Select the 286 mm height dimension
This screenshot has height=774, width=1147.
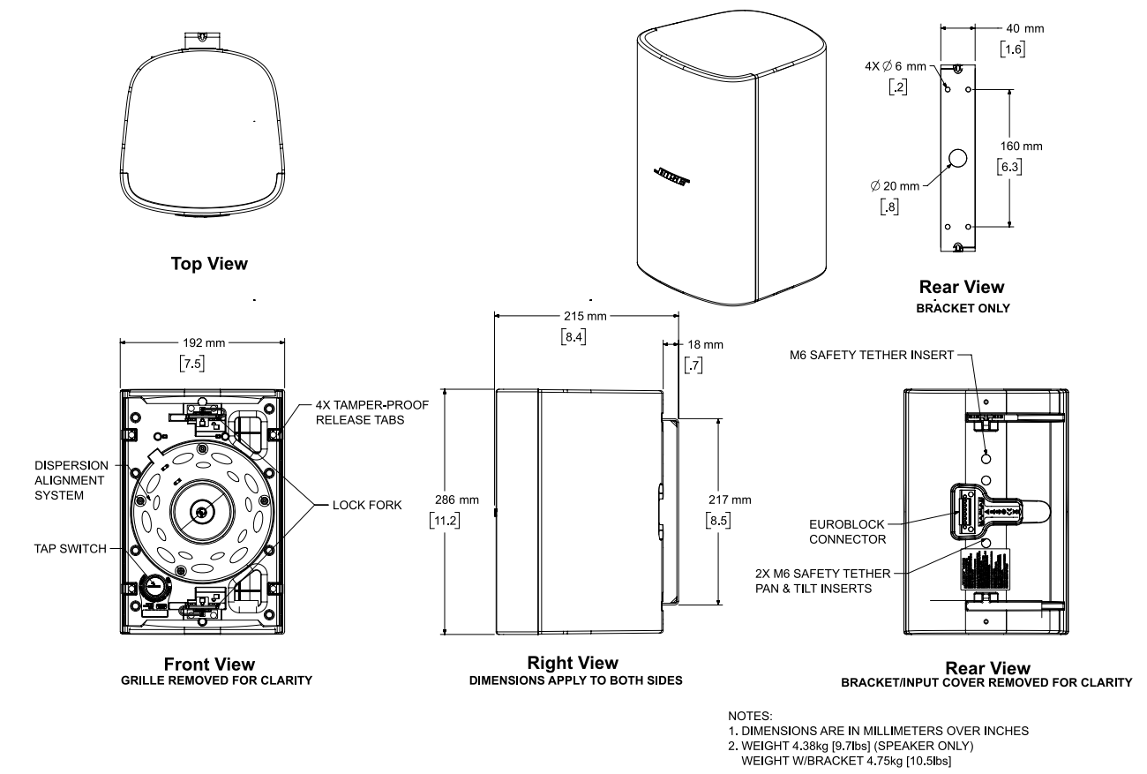click(463, 500)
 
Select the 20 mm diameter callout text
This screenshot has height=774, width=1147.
click(895, 185)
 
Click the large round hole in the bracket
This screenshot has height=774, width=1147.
click(958, 159)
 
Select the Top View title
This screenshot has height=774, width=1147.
click(209, 264)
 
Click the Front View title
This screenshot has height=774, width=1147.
click(209, 664)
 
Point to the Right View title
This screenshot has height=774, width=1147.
click(572, 663)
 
